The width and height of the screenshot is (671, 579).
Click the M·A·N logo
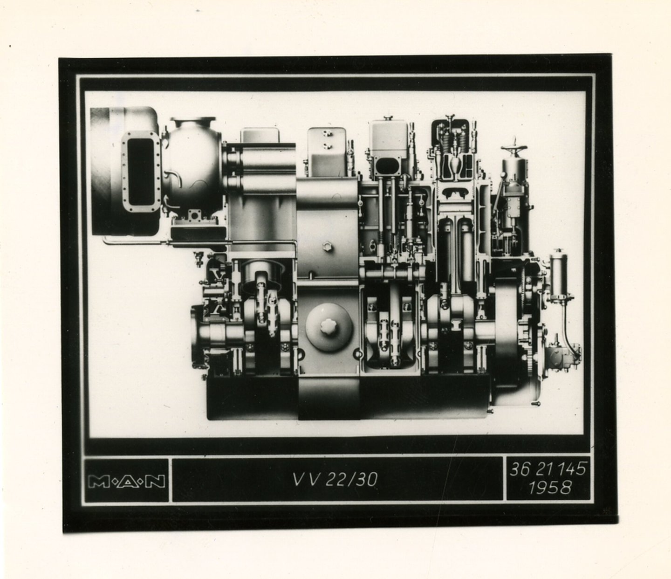coord(127,482)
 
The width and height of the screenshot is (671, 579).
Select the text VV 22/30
coord(335,479)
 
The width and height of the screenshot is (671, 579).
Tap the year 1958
coord(550,488)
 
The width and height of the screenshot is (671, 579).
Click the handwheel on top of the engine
coord(514,147)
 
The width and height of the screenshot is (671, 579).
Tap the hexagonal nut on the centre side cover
coord(328,246)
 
